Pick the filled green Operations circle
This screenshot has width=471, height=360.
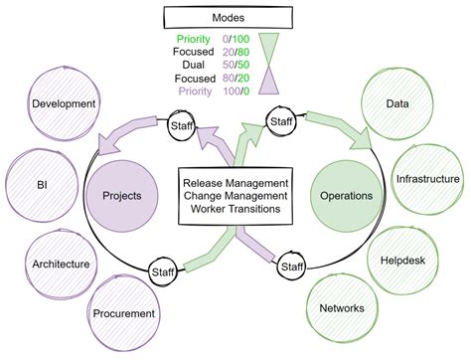[346, 196]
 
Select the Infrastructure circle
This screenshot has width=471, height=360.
[427, 180]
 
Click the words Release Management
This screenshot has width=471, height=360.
[235, 183]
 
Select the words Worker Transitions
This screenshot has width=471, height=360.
[235, 211]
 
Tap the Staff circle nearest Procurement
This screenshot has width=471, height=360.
[163, 270]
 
